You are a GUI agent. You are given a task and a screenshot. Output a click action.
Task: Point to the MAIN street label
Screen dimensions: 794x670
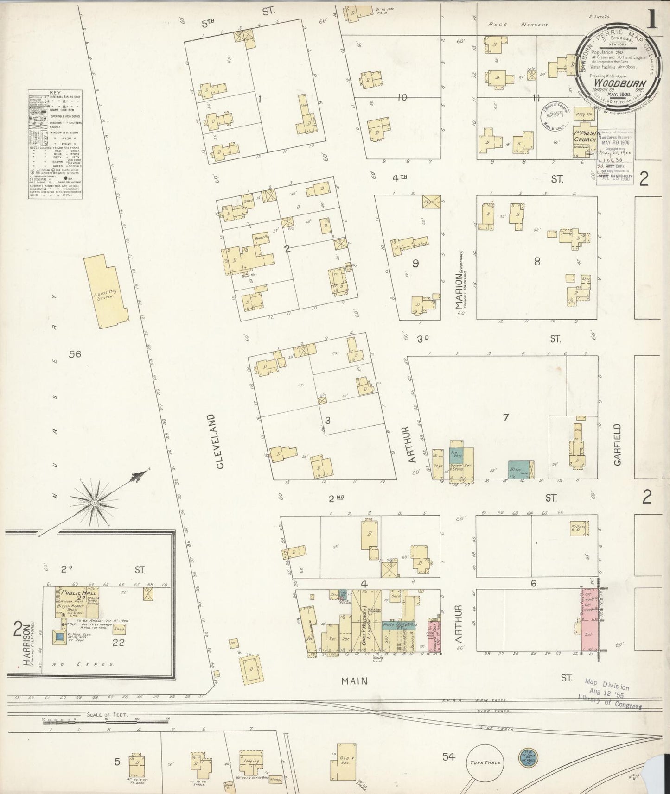pos(355,681)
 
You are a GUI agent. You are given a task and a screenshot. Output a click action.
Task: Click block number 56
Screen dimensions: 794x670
pos(75,354)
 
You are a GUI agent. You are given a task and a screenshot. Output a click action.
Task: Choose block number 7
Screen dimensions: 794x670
pos(506,417)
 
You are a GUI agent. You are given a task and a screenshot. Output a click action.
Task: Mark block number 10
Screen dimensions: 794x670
pos(402,97)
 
